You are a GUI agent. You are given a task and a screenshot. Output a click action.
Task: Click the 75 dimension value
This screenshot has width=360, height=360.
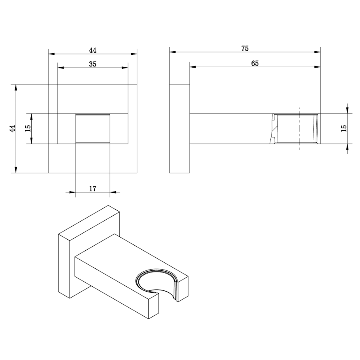pyautogui.click(x=245, y=48)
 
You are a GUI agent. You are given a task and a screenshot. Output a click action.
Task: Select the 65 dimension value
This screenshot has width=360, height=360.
pyautogui.click(x=255, y=63)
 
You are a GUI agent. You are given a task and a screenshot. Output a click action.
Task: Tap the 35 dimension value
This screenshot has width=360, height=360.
pyautogui.click(x=93, y=64)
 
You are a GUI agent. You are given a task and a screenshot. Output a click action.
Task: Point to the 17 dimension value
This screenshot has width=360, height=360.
pyautogui.click(x=93, y=189)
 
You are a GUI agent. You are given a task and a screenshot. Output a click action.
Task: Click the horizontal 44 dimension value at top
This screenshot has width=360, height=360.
pyautogui.click(x=93, y=50)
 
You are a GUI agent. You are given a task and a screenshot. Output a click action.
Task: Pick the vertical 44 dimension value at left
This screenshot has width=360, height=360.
pyautogui.click(x=12, y=128)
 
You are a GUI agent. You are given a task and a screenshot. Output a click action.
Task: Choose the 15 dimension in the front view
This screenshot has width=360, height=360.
pyautogui.click(x=28, y=128)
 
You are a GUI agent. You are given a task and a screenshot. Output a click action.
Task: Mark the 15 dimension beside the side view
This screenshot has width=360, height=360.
pyautogui.click(x=344, y=128)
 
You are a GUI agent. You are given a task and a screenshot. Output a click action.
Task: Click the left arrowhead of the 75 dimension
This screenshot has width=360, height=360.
pyautogui.click(x=173, y=52)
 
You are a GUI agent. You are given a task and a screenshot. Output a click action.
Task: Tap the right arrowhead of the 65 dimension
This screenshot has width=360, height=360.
pyautogui.click(x=318, y=67)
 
